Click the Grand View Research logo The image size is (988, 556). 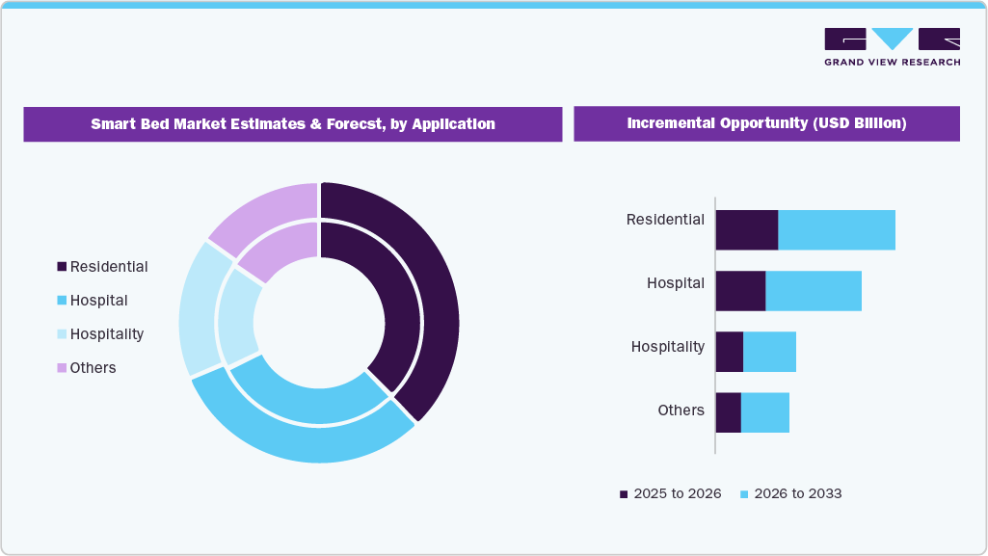[892, 46]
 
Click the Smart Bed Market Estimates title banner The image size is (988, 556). [293, 124]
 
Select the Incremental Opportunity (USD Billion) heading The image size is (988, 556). [766, 124]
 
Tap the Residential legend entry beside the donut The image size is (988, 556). [102, 266]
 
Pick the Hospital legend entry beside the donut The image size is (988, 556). [93, 301]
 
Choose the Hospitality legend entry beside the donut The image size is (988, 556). [100, 334]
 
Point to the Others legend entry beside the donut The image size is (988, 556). [87, 368]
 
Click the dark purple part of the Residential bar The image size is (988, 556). [746, 229]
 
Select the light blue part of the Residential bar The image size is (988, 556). [837, 229]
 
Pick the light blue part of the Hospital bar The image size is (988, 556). [814, 291]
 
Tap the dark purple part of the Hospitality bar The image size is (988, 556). [729, 352]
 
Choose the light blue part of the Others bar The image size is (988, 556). [765, 412]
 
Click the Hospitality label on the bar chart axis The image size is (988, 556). [667, 347]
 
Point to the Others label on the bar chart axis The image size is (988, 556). [681, 410]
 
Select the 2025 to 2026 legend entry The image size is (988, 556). [670, 493]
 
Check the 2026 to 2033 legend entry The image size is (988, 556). [790, 493]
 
